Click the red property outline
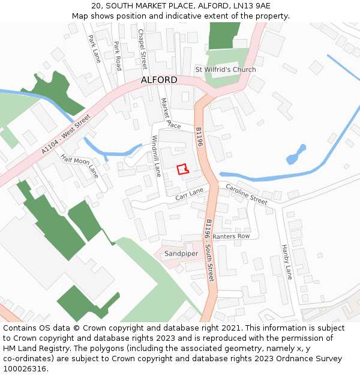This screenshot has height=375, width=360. pyautogui.click(x=182, y=169)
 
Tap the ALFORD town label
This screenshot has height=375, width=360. pyautogui.click(x=159, y=80)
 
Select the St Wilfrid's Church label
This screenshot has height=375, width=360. pyautogui.click(x=226, y=70)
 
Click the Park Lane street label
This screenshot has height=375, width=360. pyautogui.click(x=94, y=48)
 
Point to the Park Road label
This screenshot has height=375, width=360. pyautogui.click(x=118, y=55)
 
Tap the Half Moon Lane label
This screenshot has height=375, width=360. pyautogui.click(x=79, y=165)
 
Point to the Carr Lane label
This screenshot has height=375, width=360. pyautogui.click(x=190, y=193)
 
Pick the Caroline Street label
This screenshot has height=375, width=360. pyautogui.click(x=247, y=194)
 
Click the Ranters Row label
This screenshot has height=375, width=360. pyautogui.click(x=231, y=236)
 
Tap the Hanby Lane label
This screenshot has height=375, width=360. pyautogui.click(x=287, y=262)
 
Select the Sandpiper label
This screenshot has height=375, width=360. pyautogui.click(x=181, y=254)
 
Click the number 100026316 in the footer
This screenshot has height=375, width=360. pyautogui.click(x=25, y=369)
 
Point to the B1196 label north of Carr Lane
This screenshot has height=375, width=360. pyautogui.click(x=200, y=137)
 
